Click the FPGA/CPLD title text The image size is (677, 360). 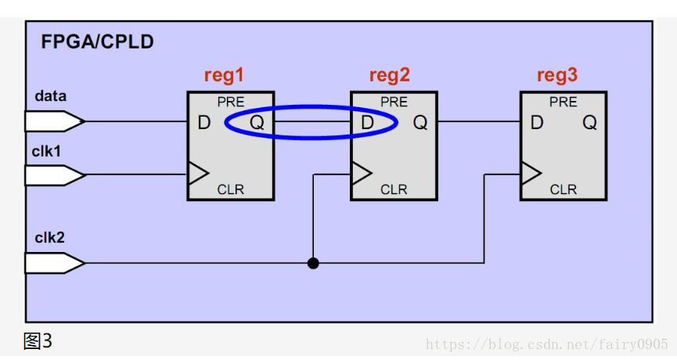[97, 42]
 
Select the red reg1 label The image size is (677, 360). [224, 76]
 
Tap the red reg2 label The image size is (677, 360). [389, 76]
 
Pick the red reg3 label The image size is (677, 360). [557, 76]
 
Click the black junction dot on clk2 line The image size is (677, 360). [313, 263]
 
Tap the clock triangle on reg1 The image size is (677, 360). [198, 173]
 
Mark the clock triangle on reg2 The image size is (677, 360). [362, 173]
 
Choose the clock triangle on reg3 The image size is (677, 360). [531, 173]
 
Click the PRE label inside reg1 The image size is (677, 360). [231, 103]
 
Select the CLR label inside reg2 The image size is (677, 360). [394, 189]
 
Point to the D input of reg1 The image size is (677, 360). [203, 123]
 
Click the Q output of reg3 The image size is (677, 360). [589, 123]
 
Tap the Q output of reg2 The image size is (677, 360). [420, 123]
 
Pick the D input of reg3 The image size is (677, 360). [537, 123]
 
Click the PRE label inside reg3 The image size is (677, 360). [563, 103]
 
